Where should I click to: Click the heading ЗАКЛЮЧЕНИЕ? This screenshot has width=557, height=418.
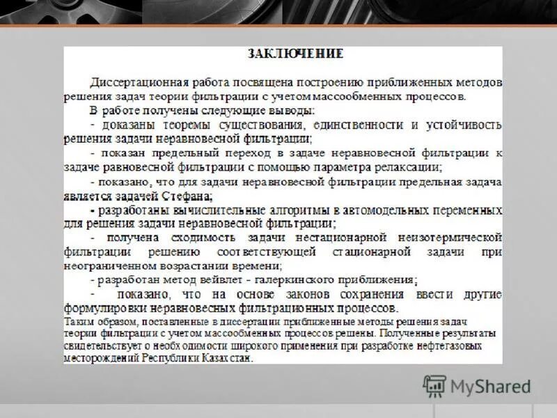[295, 53]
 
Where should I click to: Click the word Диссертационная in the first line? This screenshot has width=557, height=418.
[134, 82]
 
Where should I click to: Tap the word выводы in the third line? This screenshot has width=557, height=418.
[296, 110]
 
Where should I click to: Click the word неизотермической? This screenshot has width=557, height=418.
[450, 238]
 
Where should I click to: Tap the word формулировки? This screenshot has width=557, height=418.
[101, 308]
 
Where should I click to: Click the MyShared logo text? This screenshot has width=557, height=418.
[491, 386]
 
